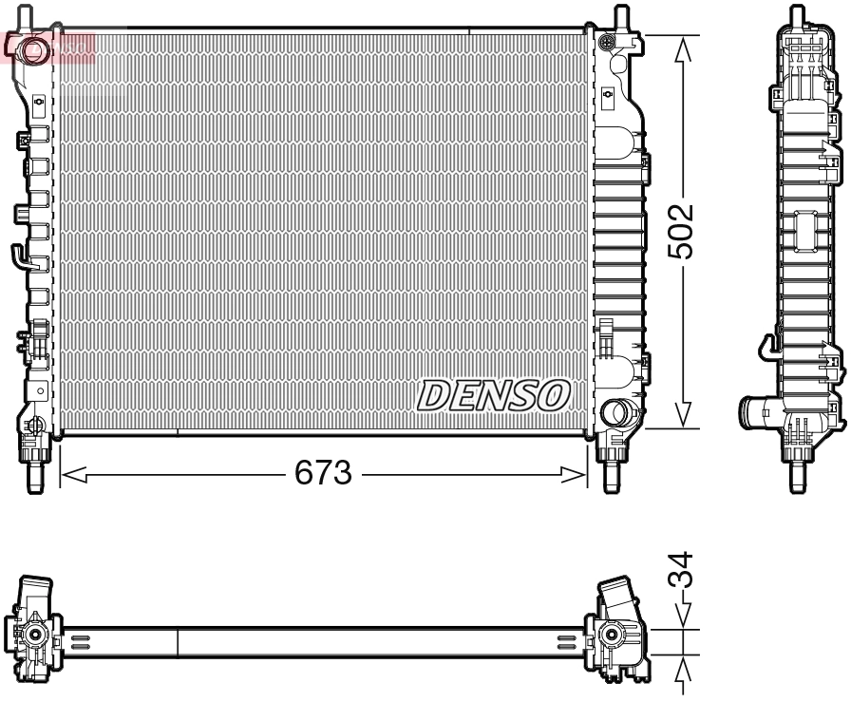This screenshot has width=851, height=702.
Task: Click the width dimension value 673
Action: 324,472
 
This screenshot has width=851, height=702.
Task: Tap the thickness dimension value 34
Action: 681,572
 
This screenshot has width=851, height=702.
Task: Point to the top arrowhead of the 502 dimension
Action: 681,49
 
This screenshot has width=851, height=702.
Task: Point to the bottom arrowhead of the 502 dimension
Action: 681,415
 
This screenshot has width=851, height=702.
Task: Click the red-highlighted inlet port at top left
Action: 35,47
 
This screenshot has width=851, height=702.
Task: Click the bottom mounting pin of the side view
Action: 799,472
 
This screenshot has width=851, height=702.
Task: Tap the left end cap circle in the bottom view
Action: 35,635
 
